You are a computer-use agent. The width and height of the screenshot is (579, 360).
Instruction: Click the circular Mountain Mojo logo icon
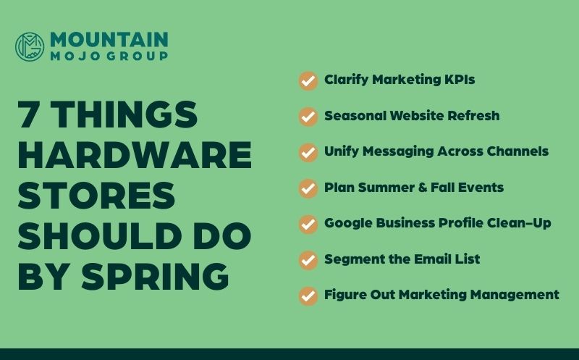click(30, 46)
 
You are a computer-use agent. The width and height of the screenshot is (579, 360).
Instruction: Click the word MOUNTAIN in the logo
click(109, 39)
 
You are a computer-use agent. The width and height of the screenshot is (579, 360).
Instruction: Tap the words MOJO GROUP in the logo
click(109, 56)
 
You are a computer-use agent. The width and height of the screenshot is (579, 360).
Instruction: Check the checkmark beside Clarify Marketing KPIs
click(308, 80)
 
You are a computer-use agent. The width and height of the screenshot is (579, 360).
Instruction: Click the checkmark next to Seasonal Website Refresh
click(308, 116)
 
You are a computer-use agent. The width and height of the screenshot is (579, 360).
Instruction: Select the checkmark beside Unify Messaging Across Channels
click(308, 152)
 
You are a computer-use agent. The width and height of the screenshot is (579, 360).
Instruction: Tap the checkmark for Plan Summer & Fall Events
click(308, 188)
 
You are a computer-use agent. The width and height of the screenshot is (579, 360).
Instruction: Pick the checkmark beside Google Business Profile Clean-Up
click(308, 223)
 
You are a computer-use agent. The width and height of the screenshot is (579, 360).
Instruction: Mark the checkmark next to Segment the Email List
click(308, 259)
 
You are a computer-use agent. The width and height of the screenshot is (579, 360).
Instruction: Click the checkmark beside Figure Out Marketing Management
click(308, 296)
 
